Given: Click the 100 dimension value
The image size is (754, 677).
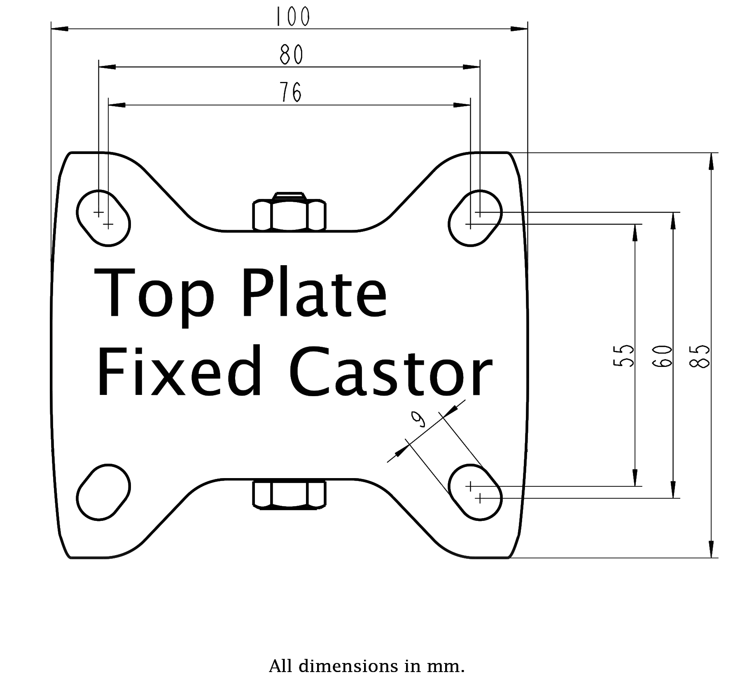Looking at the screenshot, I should tap(292, 17).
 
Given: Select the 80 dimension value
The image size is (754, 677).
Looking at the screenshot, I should tap(292, 54).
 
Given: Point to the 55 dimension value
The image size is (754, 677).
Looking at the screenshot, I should tap(623, 355).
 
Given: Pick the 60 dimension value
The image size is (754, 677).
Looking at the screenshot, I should tap(662, 355).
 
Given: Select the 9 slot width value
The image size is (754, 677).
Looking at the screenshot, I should tap(419, 420).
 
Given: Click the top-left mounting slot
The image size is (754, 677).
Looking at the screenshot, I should tap(103, 218).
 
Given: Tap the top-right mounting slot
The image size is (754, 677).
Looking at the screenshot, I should tap(475, 218).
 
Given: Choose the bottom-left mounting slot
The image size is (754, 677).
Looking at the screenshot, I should tap(103, 493).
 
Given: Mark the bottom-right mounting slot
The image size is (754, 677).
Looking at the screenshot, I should tap(475, 493).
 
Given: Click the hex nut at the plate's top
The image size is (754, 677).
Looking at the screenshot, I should tap(289, 213).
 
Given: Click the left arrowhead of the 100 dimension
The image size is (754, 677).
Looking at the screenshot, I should tap(60, 29).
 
